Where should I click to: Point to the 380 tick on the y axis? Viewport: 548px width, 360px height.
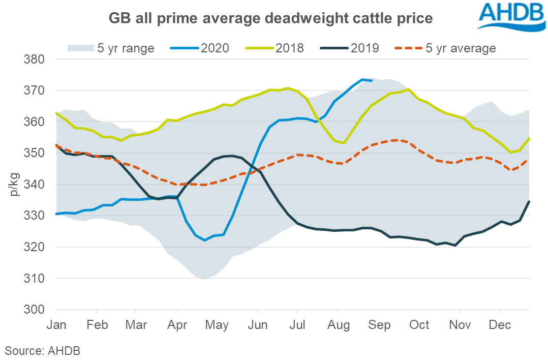[35, 59]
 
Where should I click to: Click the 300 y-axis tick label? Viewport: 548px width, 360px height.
[35, 310]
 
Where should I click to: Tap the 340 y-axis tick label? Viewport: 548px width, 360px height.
[35, 185]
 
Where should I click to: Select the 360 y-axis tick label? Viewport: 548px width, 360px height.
[35, 122]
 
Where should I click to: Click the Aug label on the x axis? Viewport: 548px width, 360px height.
[338, 324]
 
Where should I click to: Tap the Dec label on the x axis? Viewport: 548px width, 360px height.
[499, 324]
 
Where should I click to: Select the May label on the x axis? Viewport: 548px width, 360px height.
[216, 324]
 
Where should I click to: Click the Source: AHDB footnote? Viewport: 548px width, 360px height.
[43, 350]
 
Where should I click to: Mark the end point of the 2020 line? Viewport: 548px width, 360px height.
[372, 80]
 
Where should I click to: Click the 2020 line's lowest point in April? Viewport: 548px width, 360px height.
[204, 240]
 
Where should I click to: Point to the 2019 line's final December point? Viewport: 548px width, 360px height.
[529, 201]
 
